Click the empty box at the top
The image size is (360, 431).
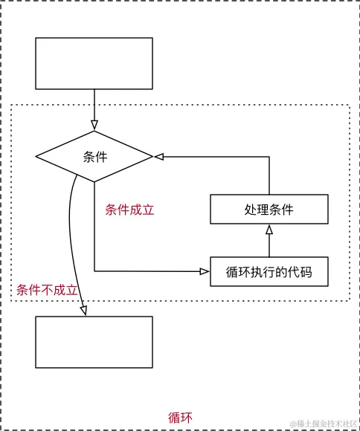point(94,63)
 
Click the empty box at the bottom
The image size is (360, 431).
point(94,342)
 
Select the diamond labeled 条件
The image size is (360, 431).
point(94,157)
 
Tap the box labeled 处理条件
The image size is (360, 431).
point(269,209)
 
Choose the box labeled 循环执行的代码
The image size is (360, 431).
point(269,272)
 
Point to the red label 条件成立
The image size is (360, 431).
point(129,210)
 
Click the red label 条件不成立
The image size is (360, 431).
point(47,290)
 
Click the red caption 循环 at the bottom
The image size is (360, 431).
point(180,417)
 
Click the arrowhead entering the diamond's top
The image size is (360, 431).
point(94,125)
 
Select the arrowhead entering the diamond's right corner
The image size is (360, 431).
point(158,157)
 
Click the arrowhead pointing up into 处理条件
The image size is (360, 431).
point(269,229)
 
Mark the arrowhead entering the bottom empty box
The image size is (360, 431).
point(83,311)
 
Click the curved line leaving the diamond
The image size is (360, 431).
point(70,223)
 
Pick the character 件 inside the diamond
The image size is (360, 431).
point(101,157)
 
